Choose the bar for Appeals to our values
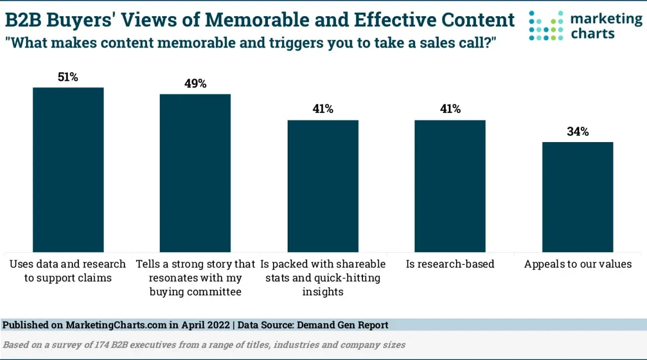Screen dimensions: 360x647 (578, 197)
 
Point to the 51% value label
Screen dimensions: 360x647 (68, 77)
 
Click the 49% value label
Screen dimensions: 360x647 (196, 84)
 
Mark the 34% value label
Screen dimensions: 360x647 (578, 132)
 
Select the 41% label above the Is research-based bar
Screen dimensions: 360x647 (450, 109)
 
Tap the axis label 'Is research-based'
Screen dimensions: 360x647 (450, 264)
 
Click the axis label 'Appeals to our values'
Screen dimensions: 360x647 (578, 264)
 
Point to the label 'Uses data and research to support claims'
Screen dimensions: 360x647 (68, 271)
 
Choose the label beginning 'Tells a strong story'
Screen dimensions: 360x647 (195, 278)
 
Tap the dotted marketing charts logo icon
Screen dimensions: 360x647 (546, 25)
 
